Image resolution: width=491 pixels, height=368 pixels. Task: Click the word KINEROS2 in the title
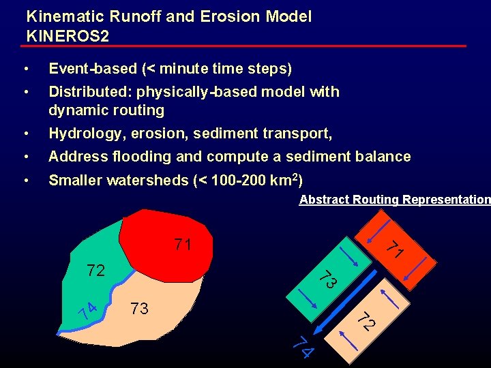[x=68, y=35]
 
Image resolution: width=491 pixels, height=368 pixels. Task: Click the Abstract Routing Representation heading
[x=394, y=200]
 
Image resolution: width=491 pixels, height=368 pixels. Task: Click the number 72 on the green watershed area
[x=95, y=271]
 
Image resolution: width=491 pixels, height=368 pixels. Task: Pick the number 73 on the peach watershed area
[x=139, y=309]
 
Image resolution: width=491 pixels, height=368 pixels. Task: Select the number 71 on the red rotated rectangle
[x=393, y=250]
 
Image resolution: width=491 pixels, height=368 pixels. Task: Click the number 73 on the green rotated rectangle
[x=329, y=278]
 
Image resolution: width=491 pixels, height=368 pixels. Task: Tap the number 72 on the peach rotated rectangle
[x=367, y=320]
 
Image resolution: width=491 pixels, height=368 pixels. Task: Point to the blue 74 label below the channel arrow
[x=302, y=346]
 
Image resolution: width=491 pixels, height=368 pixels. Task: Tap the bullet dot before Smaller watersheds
[x=25, y=181]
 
